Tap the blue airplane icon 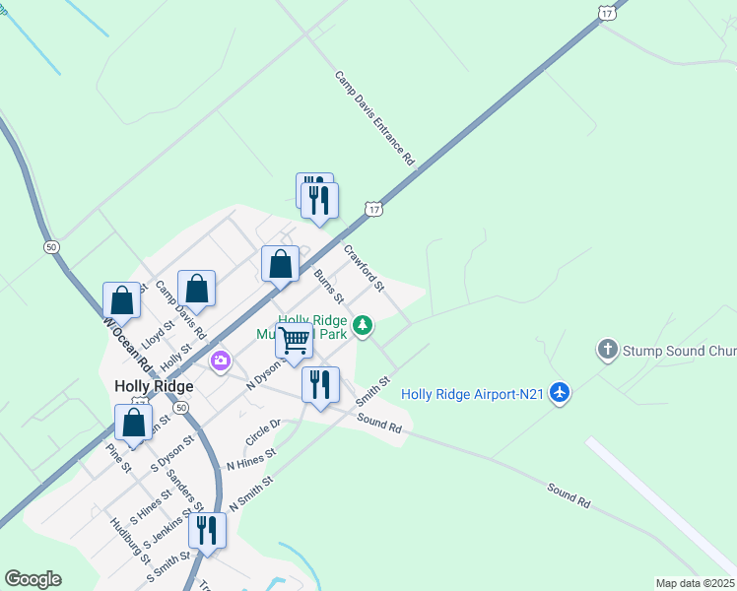pyautogui.click(x=560, y=393)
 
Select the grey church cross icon pyautogui.click(x=608, y=350)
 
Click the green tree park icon pyautogui.click(x=364, y=324)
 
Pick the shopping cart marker pyautogui.click(x=294, y=341)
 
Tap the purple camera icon pyautogui.click(x=221, y=361)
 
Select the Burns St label pyautogui.click(x=328, y=285)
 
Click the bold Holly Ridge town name pyautogui.click(x=153, y=386)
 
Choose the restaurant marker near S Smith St pyautogui.click(x=207, y=530)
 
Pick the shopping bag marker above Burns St pyautogui.click(x=280, y=264)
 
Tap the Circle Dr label pyautogui.click(x=263, y=429)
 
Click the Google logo pyautogui.click(x=33, y=579)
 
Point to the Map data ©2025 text pyautogui.click(x=696, y=583)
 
